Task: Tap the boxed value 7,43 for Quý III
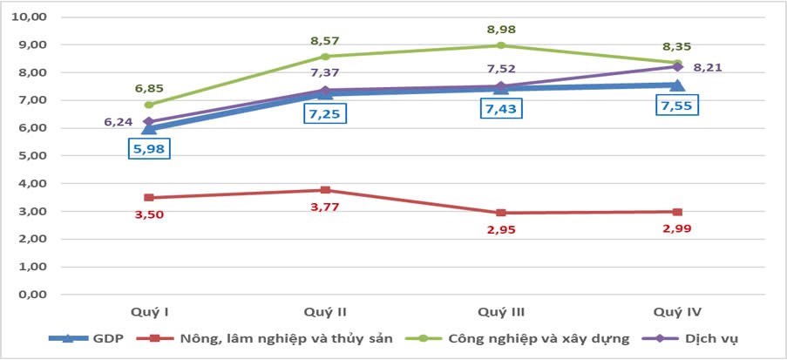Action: [x=500, y=110]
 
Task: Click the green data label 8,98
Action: [x=500, y=28]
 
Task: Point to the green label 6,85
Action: [x=149, y=88]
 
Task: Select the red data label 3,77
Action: [x=324, y=207]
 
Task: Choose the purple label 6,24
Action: [x=118, y=122]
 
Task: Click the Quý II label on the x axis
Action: [x=324, y=311]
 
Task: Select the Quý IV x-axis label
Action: [x=676, y=311]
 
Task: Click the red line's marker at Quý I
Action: [x=149, y=198]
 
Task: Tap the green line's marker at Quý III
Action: [x=500, y=45]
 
